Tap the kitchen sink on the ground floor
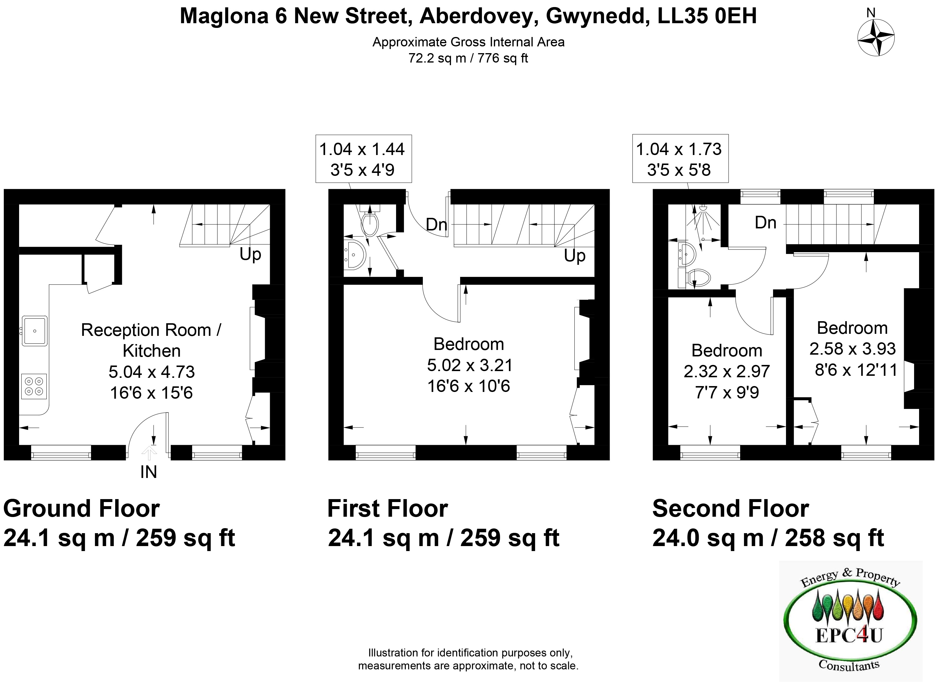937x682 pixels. [x=35, y=331]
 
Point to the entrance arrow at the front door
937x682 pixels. [x=149, y=454]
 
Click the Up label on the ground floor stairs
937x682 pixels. [x=250, y=255]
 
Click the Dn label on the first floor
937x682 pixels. [x=437, y=225]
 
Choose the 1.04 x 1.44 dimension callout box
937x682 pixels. [x=363, y=159]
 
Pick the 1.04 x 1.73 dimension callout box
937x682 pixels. [x=680, y=159]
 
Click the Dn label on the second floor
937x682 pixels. [x=765, y=223]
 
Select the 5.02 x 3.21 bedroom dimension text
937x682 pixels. [x=469, y=365]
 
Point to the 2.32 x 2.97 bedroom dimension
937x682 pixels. [x=727, y=371]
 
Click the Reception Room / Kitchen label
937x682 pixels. [x=151, y=340]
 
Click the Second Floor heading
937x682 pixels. [x=730, y=508]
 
